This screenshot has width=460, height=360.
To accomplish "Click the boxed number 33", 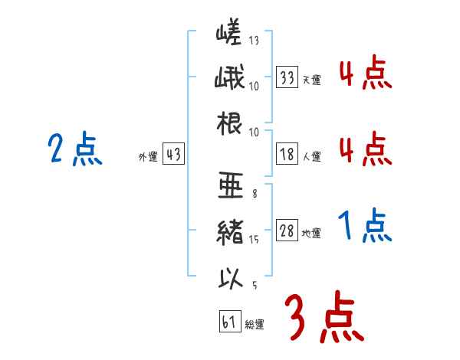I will click(287, 77).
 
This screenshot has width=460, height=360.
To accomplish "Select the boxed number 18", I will click(287, 154).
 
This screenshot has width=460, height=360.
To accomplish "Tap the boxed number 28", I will click(287, 231).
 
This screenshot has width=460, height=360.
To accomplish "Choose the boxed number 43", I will click(173, 155).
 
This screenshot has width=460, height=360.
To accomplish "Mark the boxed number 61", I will click(229, 322).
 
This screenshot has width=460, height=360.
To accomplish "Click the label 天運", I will click(312, 80).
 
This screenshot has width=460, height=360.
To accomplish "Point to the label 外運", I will click(148, 157).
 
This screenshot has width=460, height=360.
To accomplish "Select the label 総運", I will click(255, 325).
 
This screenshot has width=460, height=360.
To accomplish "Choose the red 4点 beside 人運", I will click(364, 149).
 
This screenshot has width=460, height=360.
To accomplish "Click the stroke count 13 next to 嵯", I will click(254, 40).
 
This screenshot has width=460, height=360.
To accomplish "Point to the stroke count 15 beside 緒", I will click(254, 240).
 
